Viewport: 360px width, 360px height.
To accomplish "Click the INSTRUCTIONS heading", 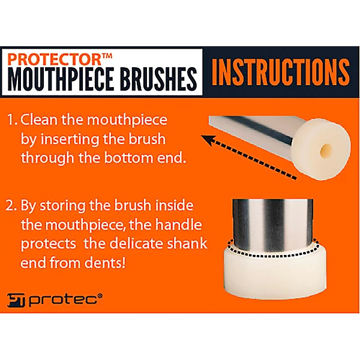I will (x=281, y=71).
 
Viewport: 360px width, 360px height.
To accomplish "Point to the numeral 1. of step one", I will (x=13, y=120).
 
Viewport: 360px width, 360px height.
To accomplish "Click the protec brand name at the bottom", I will (x=66, y=299).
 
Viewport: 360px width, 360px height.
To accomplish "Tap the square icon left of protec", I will (x=17, y=299).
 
